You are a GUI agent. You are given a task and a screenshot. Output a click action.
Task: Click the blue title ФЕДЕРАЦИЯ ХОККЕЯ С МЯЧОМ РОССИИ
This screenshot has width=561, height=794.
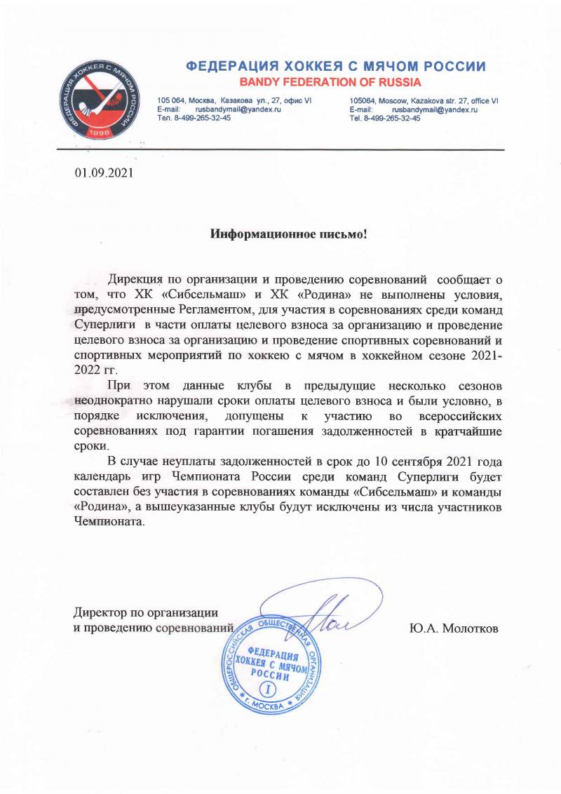[336, 67]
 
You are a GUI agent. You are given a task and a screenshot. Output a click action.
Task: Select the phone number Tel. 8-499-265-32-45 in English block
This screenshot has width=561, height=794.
[385, 119]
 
